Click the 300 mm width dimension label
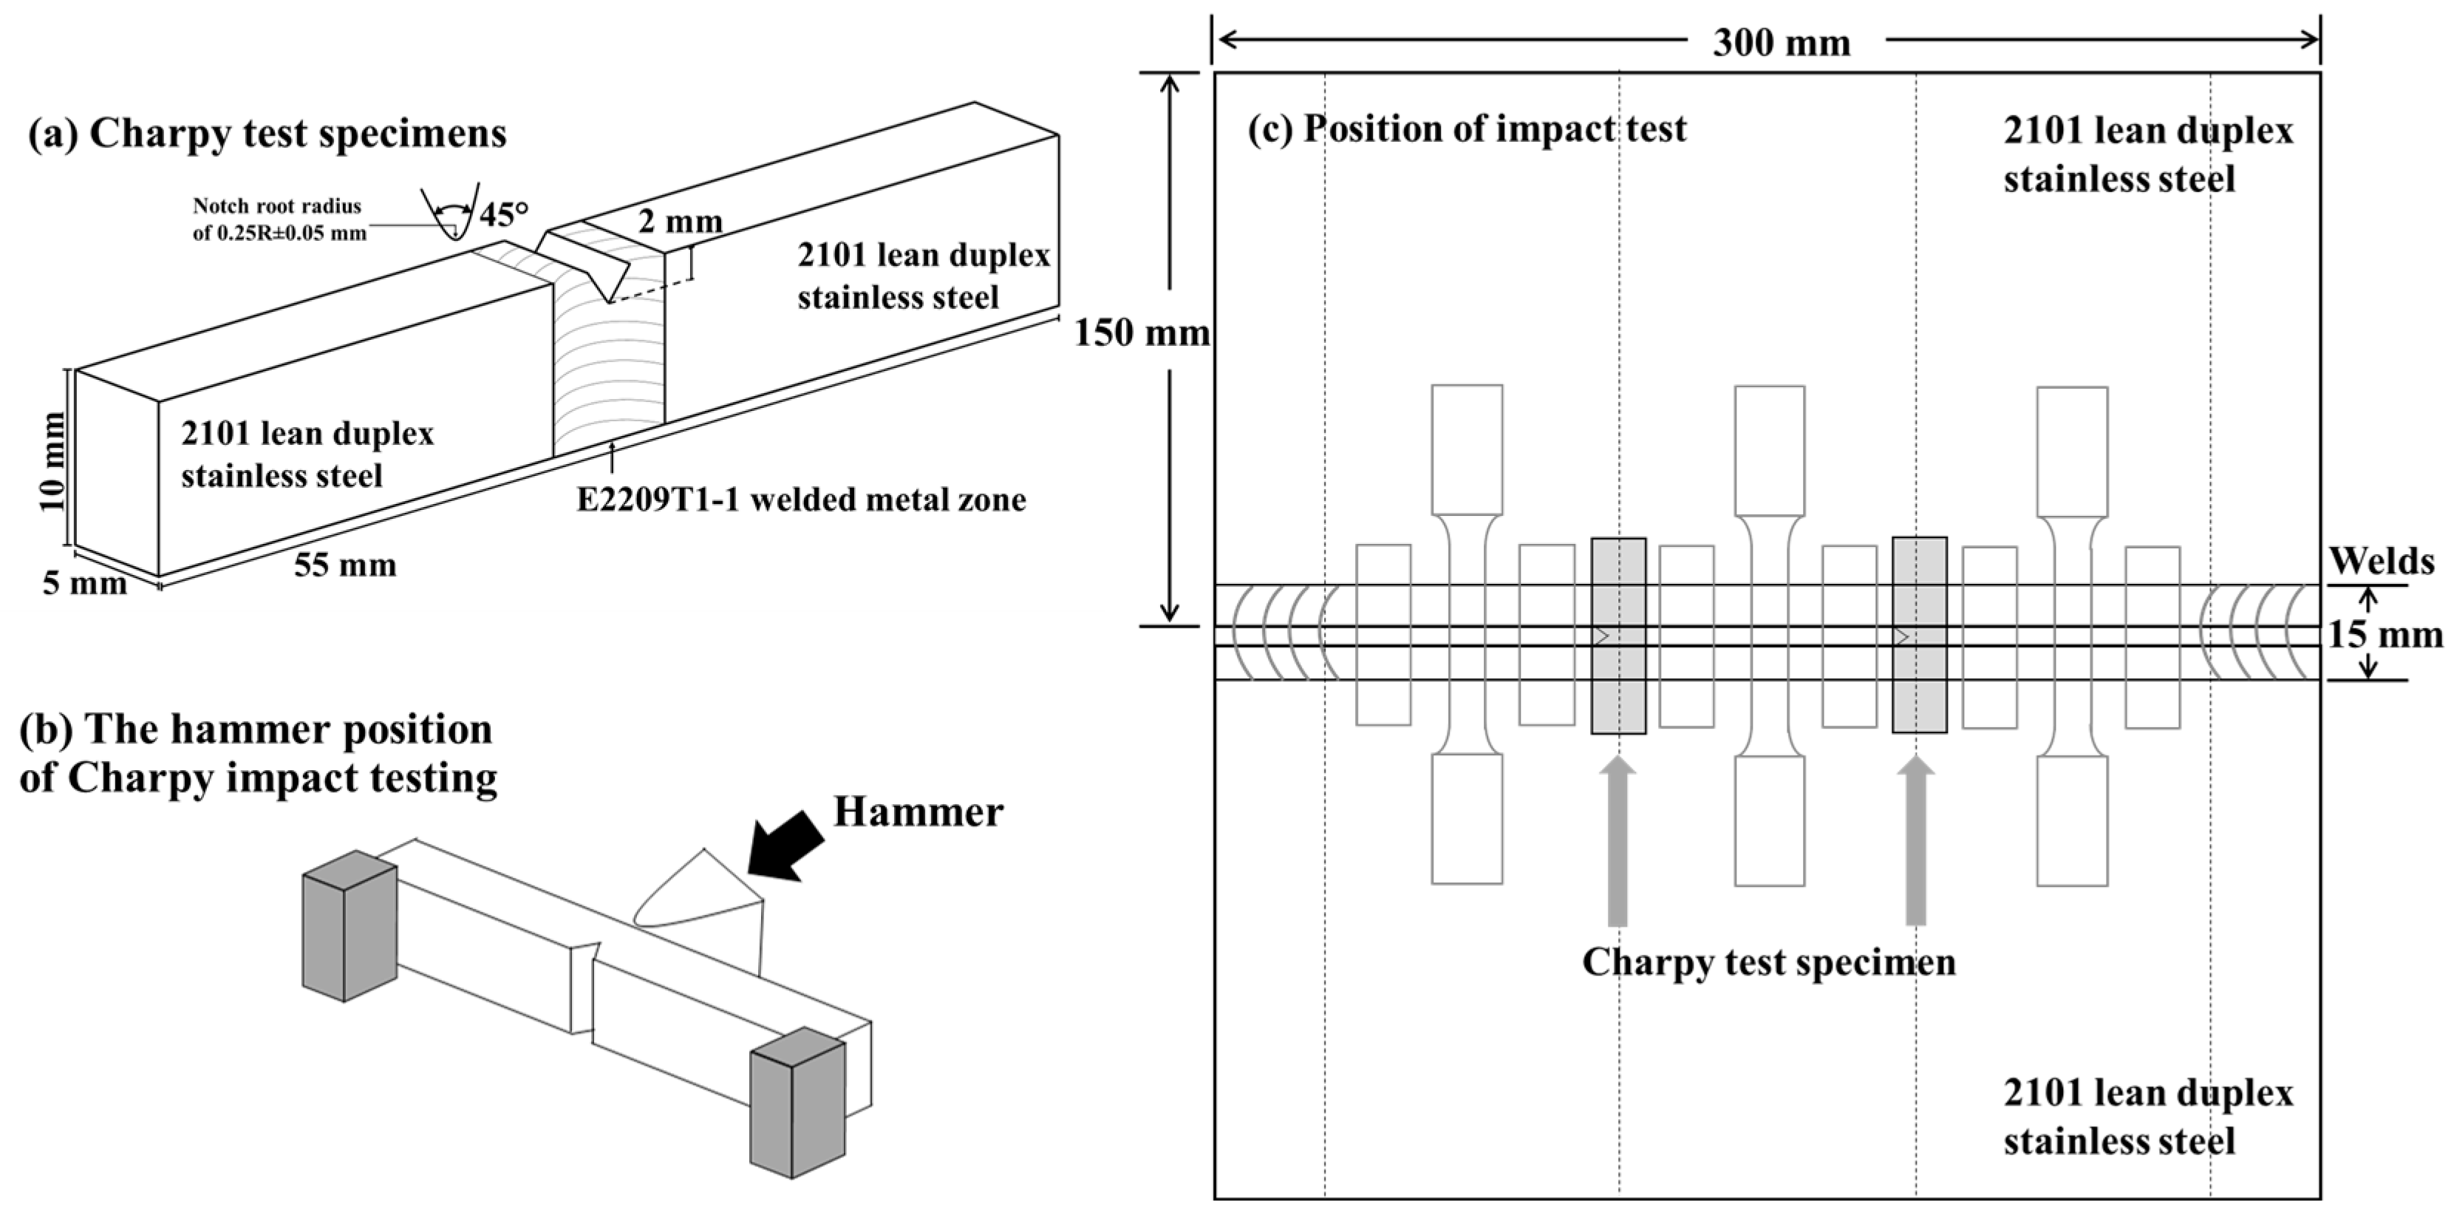1781,43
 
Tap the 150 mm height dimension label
1141,333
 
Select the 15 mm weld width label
2384,635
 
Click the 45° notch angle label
502,215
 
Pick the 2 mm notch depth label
679,222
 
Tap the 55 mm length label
344,565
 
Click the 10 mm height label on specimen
52,460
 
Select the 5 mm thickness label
83,583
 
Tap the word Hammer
917,811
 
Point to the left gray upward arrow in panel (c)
1617,842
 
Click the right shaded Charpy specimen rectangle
1918,635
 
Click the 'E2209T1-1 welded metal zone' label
801,500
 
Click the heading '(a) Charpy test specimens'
267,133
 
